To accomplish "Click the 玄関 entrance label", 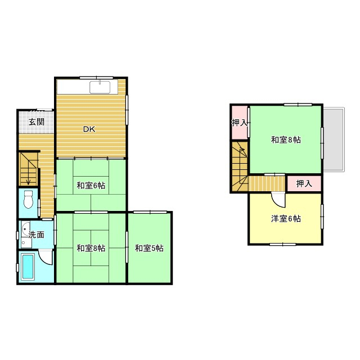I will pos(37,121).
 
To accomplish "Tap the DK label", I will pos(89,129).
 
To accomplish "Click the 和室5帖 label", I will pos(149,247).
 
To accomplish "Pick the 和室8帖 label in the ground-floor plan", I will pos(91,248).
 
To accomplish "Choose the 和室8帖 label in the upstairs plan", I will pos(286,139).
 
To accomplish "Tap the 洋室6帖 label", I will pos(286,218).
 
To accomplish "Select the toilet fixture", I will pos(28,200).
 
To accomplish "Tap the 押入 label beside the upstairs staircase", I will pos(239,122).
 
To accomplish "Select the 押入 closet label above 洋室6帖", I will pos(304,183).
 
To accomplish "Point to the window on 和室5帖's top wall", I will pos(150,212).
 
